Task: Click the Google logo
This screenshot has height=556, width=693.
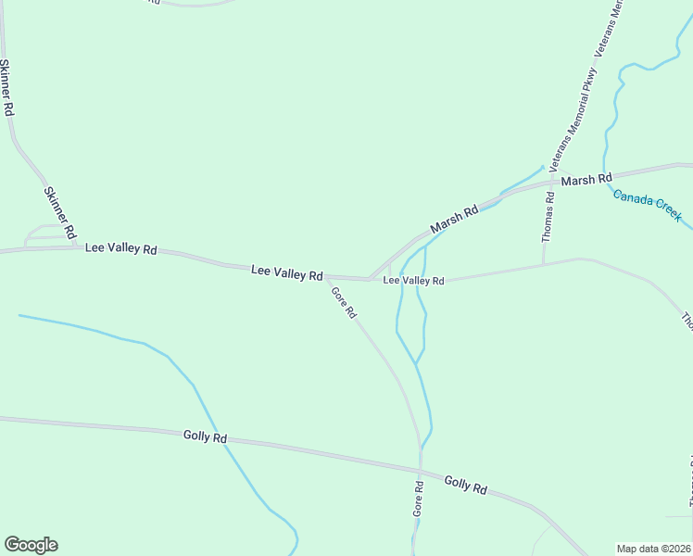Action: (x=31, y=545)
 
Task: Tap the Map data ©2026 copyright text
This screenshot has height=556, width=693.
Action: (x=653, y=548)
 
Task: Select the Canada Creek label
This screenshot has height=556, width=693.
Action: (x=648, y=206)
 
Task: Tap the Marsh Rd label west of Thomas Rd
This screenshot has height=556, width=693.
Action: (x=454, y=219)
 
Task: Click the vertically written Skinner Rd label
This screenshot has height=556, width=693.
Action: (x=7, y=87)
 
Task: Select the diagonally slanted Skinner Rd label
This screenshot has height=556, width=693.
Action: (x=59, y=213)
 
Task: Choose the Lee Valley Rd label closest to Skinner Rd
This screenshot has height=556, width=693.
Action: (x=121, y=249)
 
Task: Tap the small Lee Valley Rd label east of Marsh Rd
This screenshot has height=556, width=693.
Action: (x=414, y=280)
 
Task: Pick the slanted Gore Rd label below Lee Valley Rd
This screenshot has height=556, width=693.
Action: (x=344, y=302)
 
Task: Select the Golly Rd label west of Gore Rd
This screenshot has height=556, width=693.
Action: (x=205, y=436)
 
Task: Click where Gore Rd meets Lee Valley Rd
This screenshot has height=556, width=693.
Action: (x=326, y=277)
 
